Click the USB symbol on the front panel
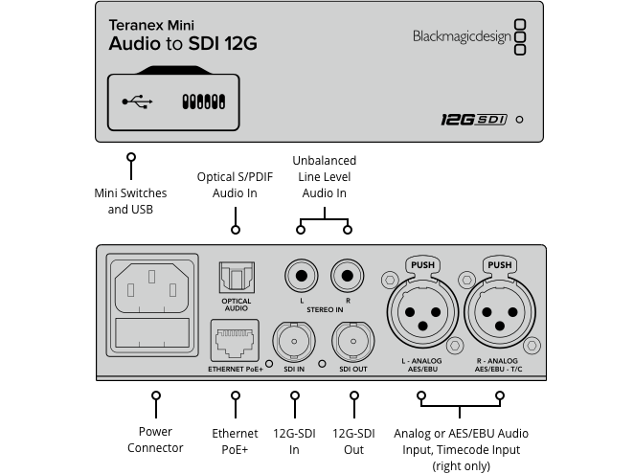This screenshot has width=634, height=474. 137,101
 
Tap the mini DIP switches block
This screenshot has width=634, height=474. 202,101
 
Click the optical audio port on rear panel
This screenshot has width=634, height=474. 236,278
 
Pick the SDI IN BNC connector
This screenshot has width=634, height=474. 294,339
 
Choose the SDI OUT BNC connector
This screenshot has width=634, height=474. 351,339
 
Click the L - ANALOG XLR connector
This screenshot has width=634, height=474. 421,313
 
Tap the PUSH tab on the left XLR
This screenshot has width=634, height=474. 421,264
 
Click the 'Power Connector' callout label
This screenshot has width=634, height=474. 155,440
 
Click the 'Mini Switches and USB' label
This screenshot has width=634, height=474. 130,201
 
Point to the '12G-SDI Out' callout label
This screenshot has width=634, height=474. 353,440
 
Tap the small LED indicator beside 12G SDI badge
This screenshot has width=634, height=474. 519,121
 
